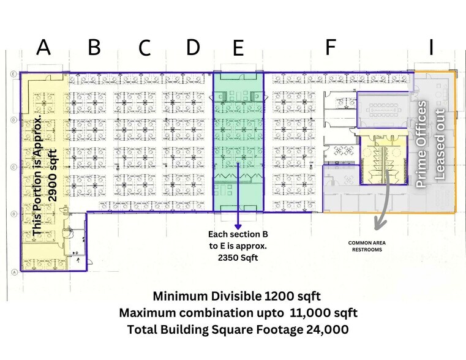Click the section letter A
43,47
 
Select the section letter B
94,47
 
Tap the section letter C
145,48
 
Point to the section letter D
193,47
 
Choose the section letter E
238,48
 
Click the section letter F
331,47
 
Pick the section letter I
431,47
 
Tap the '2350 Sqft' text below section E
238,258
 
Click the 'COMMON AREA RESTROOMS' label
367,246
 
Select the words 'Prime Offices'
421,144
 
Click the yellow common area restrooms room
383,160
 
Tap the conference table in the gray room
383,110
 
